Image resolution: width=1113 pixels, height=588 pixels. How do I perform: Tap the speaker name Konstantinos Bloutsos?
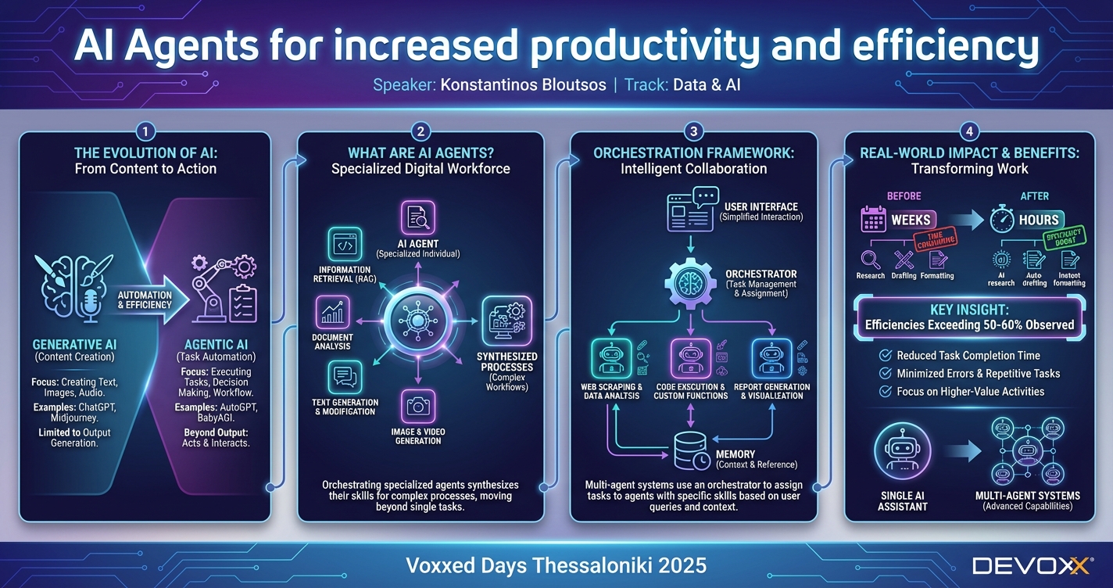tap(523, 84)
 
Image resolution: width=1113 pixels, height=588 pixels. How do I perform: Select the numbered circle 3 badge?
tap(693, 131)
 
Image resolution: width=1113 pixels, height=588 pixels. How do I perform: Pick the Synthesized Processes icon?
tap(506, 321)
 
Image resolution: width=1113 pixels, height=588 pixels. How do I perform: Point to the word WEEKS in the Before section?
tap(911, 220)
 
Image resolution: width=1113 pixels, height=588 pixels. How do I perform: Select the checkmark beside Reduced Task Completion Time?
tap(886, 356)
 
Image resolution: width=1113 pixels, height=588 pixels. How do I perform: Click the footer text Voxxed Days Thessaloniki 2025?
tap(556, 565)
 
